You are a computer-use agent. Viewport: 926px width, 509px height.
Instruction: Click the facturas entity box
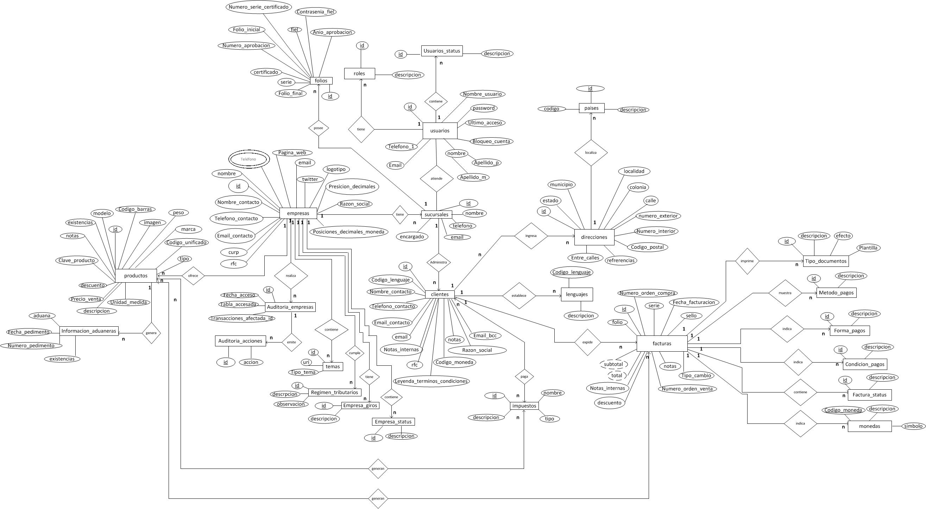coord(661,343)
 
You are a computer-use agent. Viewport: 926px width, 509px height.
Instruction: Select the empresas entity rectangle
coord(298,213)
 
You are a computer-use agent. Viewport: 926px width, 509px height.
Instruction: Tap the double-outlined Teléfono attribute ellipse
coord(248,159)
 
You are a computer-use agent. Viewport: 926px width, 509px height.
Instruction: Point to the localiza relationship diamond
coord(591,152)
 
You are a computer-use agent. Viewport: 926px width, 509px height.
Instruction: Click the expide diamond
coord(587,342)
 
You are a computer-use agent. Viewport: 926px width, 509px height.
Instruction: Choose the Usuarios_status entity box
coord(441,51)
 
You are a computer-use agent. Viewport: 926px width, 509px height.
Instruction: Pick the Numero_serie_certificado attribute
coord(258,7)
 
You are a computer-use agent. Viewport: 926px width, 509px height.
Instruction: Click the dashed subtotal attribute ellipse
coord(613,364)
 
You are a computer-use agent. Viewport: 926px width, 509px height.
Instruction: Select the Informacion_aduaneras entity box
coord(88,331)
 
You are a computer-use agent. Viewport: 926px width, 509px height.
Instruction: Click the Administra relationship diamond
coord(438,262)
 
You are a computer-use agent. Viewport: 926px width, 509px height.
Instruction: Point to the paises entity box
coord(591,108)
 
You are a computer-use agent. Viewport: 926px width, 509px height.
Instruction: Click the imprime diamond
coord(747,261)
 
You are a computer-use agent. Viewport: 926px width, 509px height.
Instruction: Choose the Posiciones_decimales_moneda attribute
coord(348,232)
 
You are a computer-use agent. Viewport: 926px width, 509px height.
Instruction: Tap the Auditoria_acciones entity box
coord(240,341)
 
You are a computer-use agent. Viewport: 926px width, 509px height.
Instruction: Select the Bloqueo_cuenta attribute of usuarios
coord(491,141)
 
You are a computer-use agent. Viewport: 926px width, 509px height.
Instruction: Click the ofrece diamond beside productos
coord(193,276)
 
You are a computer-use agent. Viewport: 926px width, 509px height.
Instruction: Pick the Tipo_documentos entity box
coord(825,261)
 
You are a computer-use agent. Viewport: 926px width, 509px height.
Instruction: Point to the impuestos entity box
coord(524,406)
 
